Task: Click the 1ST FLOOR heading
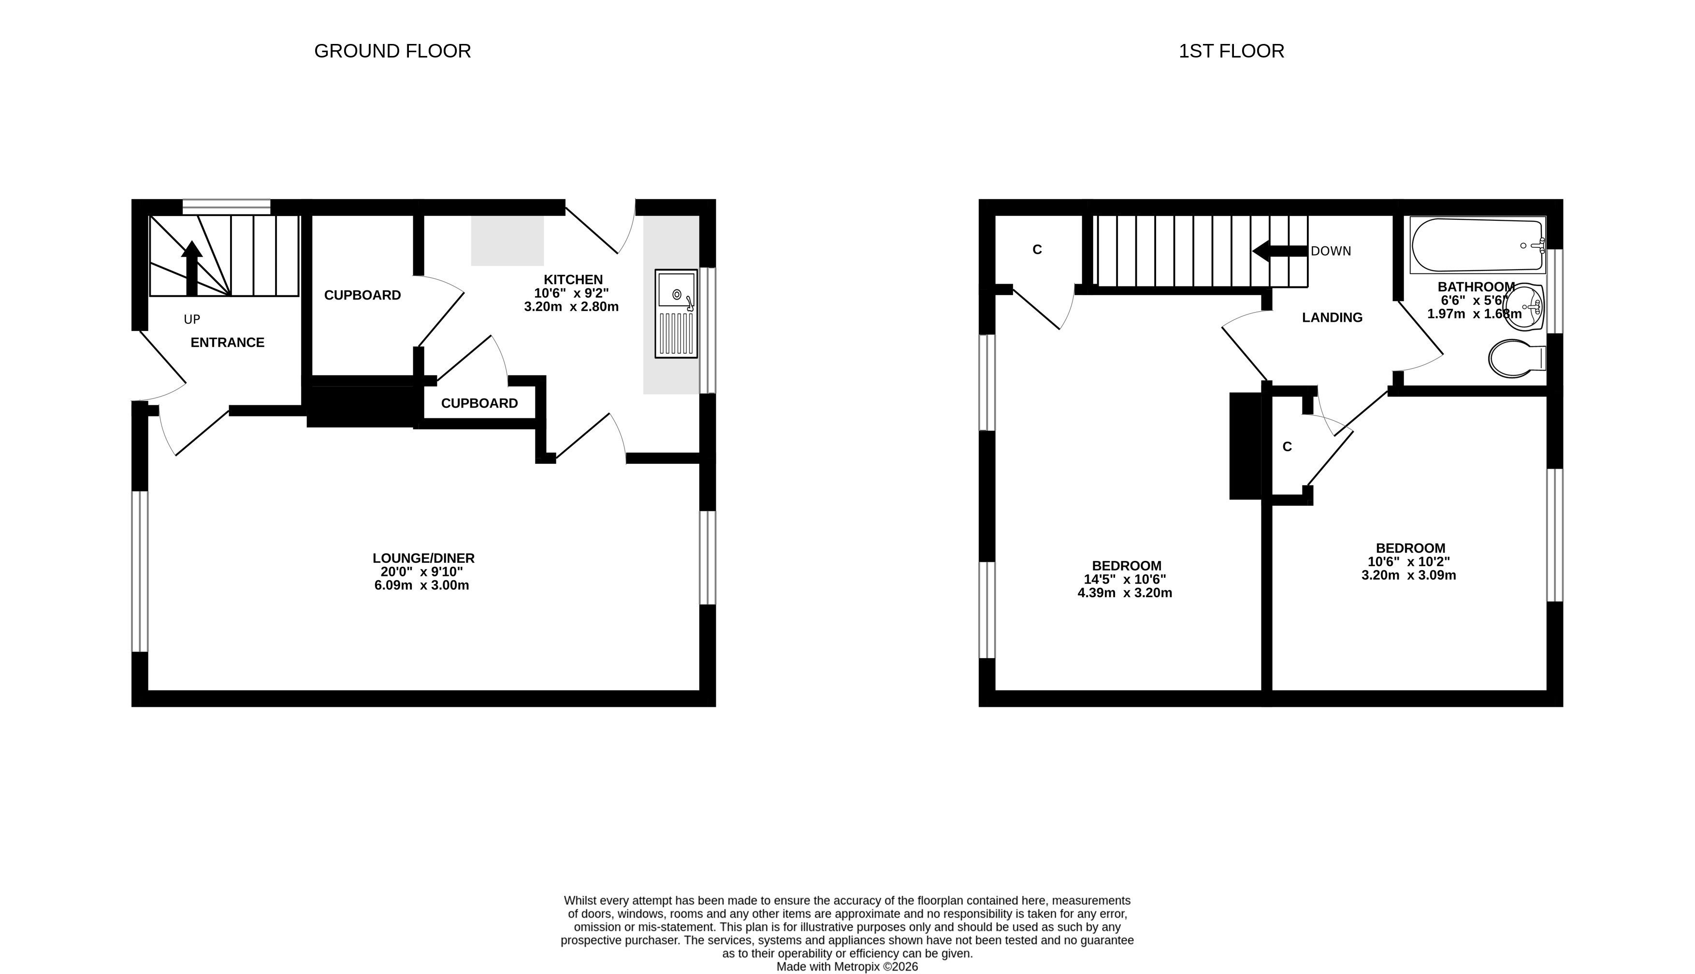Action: (1231, 51)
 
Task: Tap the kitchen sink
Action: (676, 314)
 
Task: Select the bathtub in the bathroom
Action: (1478, 245)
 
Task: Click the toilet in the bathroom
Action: (1516, 358)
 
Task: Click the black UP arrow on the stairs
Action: (192, 268)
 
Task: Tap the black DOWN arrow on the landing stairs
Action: (1279, 251)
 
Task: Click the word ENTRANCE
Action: (228, 343)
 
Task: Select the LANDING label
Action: (1332, 318)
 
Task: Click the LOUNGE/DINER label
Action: (423, 558)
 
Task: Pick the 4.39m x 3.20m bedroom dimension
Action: (1125, 593)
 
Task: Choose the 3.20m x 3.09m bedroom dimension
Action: (1408, 575)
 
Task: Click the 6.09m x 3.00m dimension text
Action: (421, 586)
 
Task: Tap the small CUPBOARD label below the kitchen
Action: (479, 403)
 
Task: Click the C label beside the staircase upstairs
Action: (1037, 249)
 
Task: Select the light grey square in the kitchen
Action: (507, 241)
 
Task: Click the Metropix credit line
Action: (847, 967)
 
